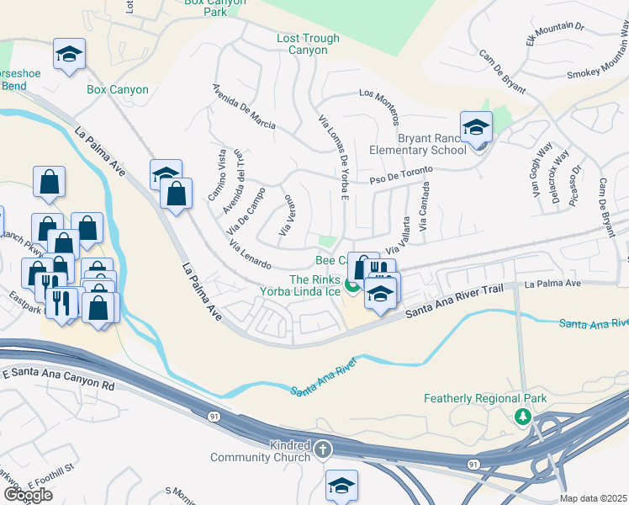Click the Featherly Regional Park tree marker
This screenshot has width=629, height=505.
522,416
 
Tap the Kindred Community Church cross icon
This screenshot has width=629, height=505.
321,451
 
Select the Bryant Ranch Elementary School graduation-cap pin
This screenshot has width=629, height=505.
476,128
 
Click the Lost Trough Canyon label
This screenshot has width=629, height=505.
308,45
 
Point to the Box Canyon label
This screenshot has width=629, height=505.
118,89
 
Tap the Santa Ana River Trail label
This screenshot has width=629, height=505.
454,300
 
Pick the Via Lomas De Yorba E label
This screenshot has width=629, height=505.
334,157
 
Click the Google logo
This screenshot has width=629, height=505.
28,495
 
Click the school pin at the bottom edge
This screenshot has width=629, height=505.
342,486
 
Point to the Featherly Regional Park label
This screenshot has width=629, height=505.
485,398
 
